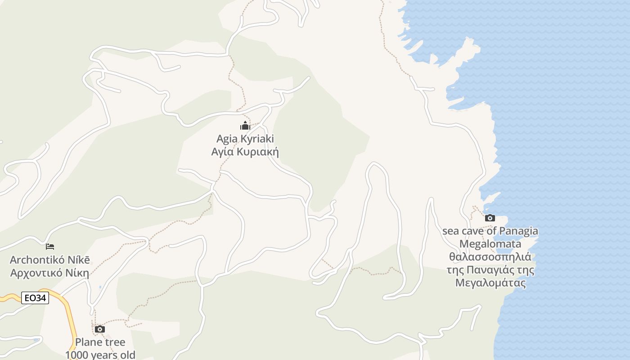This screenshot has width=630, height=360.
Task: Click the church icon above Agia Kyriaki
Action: click(245, 126)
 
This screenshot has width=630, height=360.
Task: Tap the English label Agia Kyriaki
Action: click(245, 139)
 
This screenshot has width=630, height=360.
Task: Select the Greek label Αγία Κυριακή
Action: click(245, 152)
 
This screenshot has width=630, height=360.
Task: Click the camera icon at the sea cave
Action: click(490, 218)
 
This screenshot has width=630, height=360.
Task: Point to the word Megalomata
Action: click(490, 244)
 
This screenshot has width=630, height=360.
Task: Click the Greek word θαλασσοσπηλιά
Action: click(490, 257)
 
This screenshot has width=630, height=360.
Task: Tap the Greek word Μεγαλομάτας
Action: click(490, 283)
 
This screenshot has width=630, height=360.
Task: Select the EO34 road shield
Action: click(35, 298)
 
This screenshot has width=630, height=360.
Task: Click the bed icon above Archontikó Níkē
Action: click(50, 247)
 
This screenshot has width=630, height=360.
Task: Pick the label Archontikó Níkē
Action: click(49, 260)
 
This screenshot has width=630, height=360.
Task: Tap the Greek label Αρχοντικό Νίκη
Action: click(49, 273)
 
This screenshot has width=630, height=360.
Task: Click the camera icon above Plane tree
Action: click(100, 329)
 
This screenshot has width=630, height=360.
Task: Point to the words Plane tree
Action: click(100, 342)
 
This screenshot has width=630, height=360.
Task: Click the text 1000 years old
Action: click(100, 355)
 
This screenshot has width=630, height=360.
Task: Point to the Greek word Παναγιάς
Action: click(489, 270)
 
